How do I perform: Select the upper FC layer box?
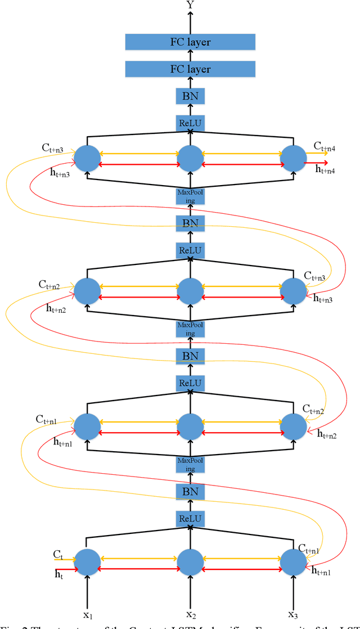[x=190, y=42]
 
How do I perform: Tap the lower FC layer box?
[x=190, y=69]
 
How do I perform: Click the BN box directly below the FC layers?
[x=190, y=97]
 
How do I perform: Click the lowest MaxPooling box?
[x=190, y=465]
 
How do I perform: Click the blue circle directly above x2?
[x=190, y=561]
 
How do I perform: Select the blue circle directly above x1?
[x=87, y=561]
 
